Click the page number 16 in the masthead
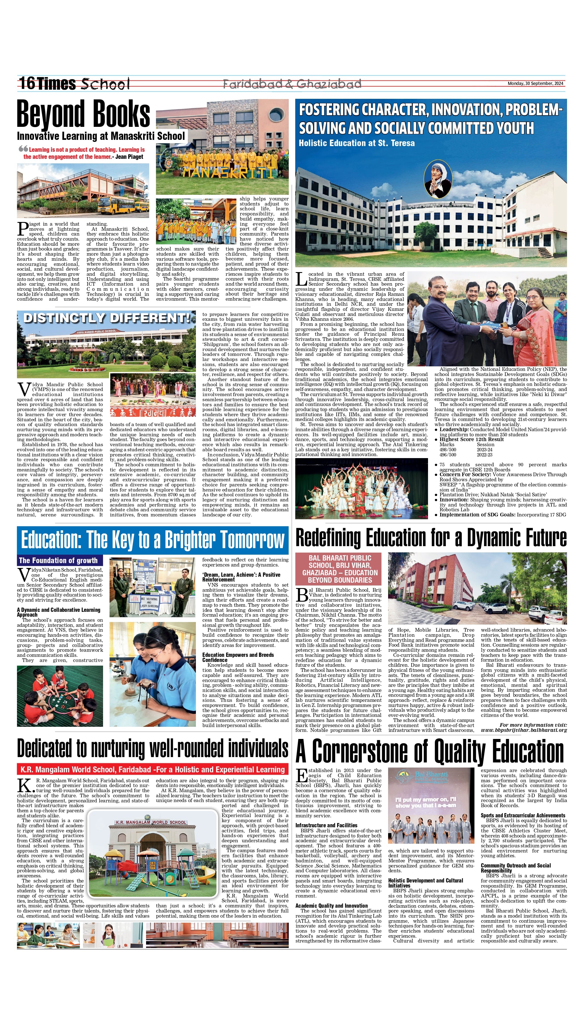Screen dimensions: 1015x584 tap(27, 84)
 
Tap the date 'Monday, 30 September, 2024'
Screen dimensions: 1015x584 tap(536, 84)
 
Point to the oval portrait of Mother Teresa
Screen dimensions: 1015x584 tap(438, 178)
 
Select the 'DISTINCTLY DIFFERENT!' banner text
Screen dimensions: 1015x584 tap(106, 318)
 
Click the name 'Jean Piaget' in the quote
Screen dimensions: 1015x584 tap(129, 157)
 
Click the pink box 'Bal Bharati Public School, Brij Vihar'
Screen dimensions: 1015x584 tap(340, 569)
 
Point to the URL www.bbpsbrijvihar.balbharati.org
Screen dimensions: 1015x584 tap(524, 730)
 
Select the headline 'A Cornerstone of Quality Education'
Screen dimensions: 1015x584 tap(429, 751)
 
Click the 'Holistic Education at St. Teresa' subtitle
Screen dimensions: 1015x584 tap(357, 143)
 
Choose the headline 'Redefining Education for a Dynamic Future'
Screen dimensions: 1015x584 tap(431, 538)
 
